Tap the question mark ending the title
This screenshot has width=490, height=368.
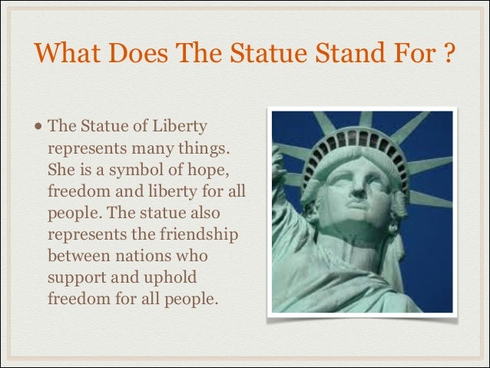tap(449, 55)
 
